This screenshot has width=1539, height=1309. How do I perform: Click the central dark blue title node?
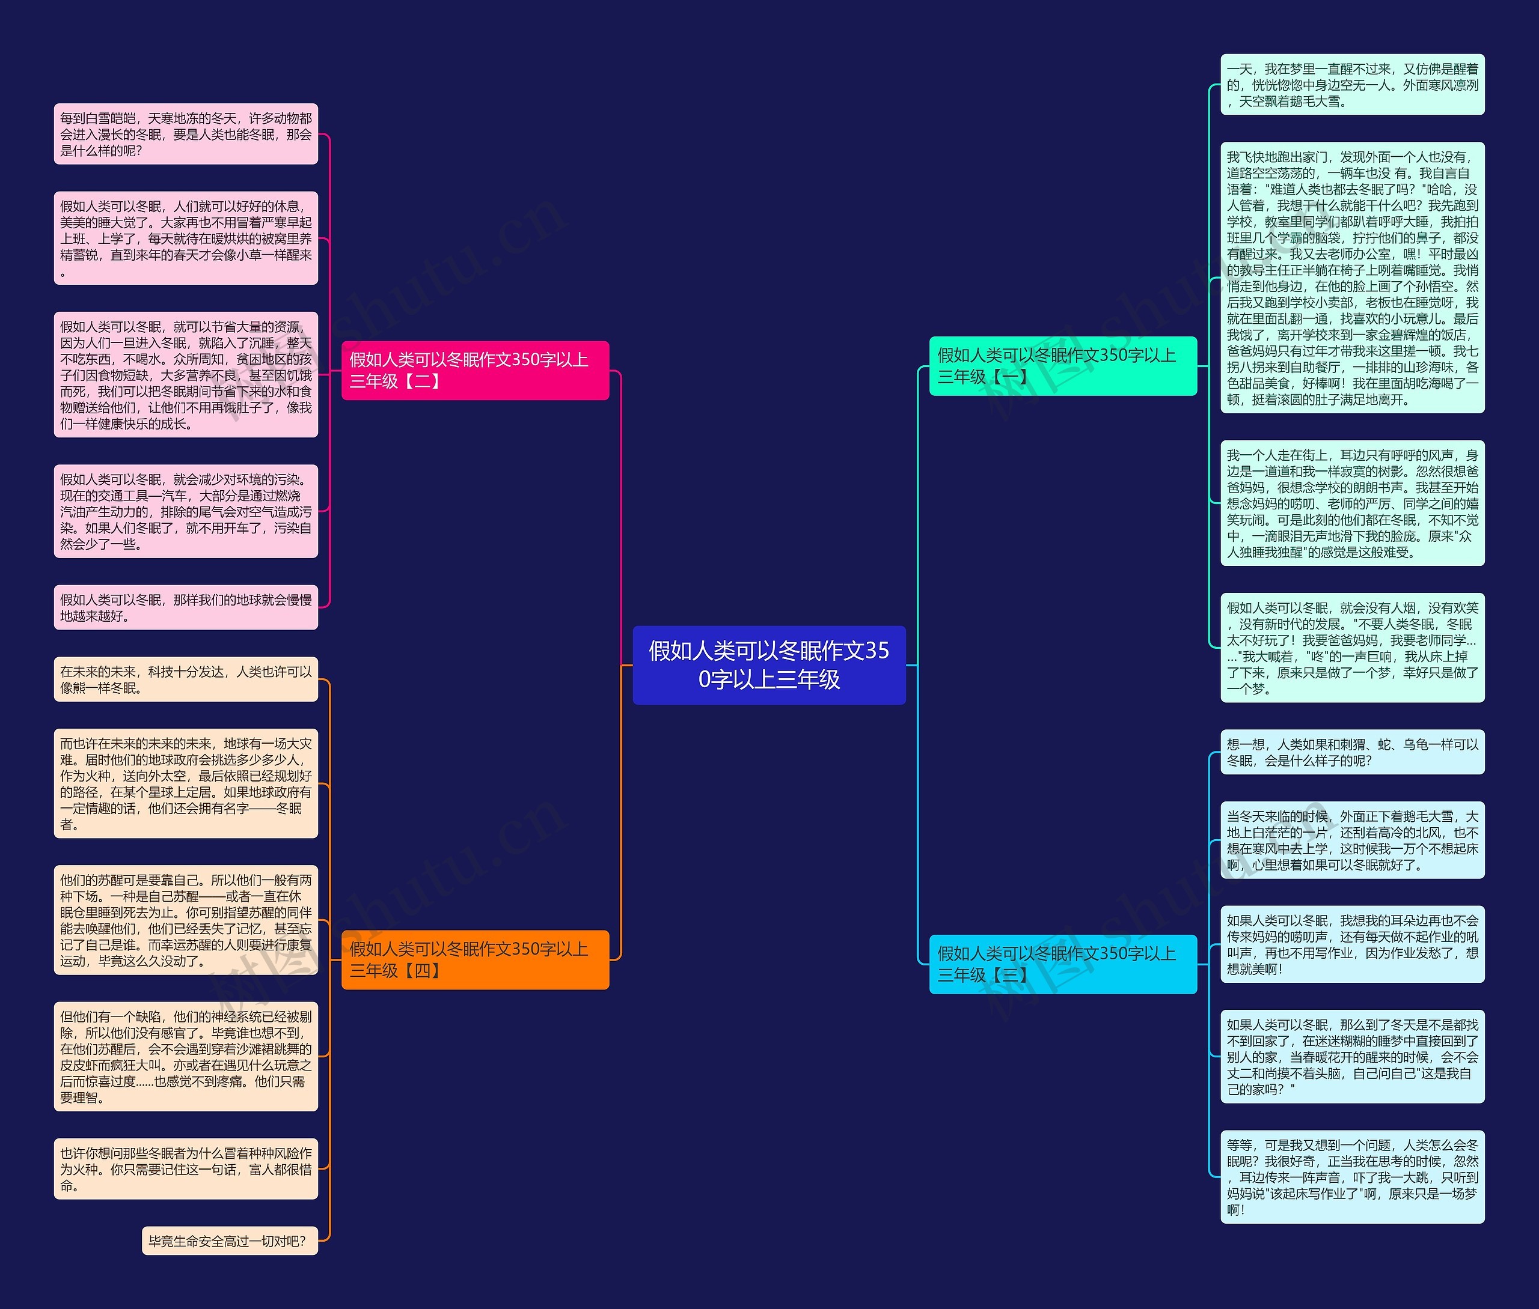(x=768, y=665)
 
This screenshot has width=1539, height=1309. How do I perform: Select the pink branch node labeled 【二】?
(x=474, y=370)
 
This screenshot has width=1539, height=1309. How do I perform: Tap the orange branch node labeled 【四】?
(x=474, y=959)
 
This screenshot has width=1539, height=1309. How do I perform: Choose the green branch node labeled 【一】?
(x=1062, y=366)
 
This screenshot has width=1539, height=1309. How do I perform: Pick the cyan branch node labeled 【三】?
(x=1062, y=964)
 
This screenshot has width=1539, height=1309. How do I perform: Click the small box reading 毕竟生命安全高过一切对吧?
(x=230, y=1241)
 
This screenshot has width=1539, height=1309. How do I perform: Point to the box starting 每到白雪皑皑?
(x=186, y=135)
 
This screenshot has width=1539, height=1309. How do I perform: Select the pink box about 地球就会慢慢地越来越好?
(x=186, y=608)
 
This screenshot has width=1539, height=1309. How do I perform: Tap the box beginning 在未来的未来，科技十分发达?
(x=186, y=679)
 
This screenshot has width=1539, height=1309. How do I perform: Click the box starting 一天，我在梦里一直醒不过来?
(x=1352, y=85)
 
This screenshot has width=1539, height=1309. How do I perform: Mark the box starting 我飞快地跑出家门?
(x=1352, y=278)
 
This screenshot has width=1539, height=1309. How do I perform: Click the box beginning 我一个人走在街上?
(x=1352, y=503)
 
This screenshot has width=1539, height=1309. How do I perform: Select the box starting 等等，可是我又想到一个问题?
(x=1352, y=1177)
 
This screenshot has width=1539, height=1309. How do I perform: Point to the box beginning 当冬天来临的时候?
(x=1352, y=840)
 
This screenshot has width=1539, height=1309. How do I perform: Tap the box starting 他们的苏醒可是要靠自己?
(x=186, y=920)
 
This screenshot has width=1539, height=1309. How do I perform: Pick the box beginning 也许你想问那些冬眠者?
(x=186, y=1169)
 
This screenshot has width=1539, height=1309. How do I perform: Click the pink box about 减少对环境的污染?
(x=186, y=511)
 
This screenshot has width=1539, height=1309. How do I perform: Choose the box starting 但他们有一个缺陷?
(x=186, y=1057)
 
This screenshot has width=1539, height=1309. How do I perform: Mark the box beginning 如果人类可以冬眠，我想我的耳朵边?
(x=1352, y=944)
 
